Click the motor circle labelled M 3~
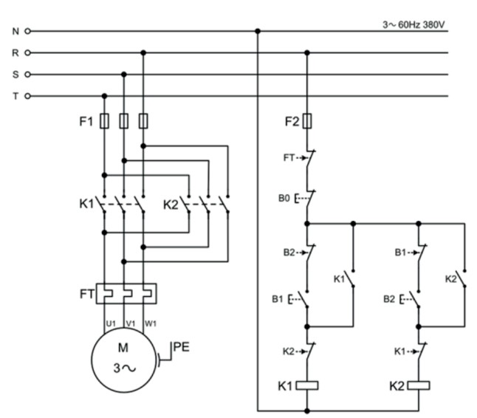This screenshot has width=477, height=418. coord(123,356)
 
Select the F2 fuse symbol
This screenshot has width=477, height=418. coord(306,120)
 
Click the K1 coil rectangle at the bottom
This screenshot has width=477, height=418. coord(306,385)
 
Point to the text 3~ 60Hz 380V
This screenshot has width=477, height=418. coord(414,24)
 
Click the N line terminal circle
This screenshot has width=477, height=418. coord(28,32)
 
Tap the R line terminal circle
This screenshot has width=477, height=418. coord(28,53)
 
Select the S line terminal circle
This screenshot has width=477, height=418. coord(28,75)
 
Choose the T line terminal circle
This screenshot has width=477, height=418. coord(28,96)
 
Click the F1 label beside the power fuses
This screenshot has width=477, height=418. coord(86,120)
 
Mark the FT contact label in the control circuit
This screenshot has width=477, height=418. coord(289,157)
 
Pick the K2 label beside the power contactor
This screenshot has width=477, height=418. coord(171,204)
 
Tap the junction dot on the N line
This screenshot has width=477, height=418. coord(258,32)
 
